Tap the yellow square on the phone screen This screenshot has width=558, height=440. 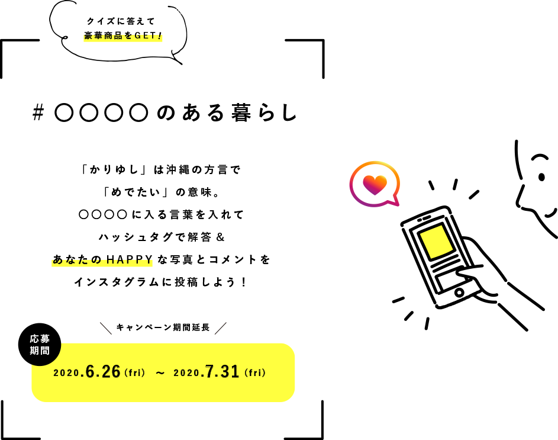[436, 242]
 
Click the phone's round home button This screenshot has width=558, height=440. [459, 293]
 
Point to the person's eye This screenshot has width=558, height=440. [541, 176]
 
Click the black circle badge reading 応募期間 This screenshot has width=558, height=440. [40, 345]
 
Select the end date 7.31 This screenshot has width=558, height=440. [222, 371]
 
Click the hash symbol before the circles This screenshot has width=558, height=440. [38, 113]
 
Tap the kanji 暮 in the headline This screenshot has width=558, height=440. [241, 113]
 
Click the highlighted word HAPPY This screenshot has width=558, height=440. [130, 260]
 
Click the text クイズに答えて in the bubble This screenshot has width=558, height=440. [121, 21]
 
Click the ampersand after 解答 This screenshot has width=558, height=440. [221, 237]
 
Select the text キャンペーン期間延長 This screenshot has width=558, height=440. [163, 327]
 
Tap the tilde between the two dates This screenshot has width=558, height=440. [160, 373]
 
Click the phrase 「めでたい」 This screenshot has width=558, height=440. [134, 192]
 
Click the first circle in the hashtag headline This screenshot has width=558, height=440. [64, 113]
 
